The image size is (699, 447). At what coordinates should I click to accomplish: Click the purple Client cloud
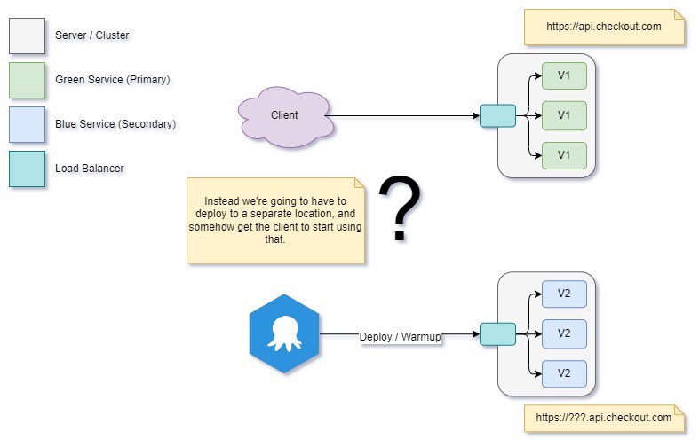285,115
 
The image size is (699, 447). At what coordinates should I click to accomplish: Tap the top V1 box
564,75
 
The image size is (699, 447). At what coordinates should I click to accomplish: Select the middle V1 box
564,115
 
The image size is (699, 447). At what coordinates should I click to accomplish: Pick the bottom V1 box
564,155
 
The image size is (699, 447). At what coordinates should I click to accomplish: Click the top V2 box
564,294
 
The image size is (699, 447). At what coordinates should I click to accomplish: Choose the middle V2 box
564,333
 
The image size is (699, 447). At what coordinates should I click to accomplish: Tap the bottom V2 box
564,373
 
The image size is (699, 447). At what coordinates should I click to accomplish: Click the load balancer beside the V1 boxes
497,116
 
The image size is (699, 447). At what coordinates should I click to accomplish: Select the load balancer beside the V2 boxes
497,334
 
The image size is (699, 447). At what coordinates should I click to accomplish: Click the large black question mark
400,209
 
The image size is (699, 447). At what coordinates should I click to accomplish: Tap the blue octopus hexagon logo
284,334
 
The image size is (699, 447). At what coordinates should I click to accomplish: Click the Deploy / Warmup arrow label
400,336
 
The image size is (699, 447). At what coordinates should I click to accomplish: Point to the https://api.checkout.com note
604,27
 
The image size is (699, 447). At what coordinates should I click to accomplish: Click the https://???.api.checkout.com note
604,418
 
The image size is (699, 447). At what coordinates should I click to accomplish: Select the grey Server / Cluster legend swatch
27,35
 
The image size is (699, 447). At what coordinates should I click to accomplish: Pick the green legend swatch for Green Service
27,80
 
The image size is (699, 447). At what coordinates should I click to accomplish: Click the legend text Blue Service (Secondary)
115,124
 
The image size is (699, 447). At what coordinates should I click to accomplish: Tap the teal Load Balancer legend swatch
27,169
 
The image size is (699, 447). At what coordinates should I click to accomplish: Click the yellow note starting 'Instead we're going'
275,220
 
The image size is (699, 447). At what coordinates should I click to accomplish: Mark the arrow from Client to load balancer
404,116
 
